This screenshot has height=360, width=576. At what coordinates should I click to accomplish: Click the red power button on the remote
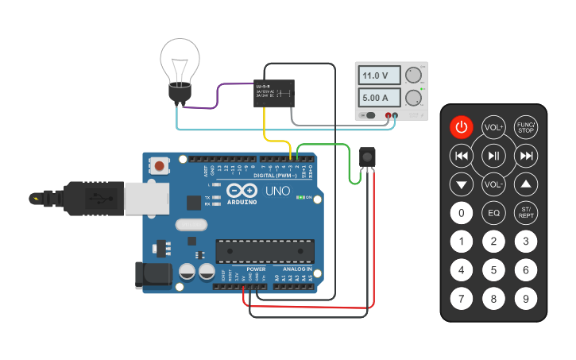[x=462, y=127]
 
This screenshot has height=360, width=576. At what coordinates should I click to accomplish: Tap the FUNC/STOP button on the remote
[x=525, y=127]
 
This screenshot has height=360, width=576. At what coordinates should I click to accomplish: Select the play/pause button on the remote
[x=493, y=156]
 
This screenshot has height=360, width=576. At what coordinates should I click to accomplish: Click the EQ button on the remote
[x=493, y=213]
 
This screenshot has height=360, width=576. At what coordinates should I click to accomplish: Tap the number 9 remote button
[x=525, y=299]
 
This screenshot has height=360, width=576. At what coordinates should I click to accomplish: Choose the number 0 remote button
[x=462, y=213]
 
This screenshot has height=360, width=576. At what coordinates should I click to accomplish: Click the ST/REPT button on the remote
[x=525, y=213]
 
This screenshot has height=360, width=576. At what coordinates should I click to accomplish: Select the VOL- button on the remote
[x=493, y=185]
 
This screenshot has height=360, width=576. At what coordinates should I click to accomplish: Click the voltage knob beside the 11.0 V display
[x=412, y=76]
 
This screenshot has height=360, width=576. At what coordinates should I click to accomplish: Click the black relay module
[x=276, y=94]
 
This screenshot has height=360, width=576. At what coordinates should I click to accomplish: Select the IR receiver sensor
[x=367, y=157]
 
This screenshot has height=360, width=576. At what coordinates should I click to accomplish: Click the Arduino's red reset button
[x=160, y=166]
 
